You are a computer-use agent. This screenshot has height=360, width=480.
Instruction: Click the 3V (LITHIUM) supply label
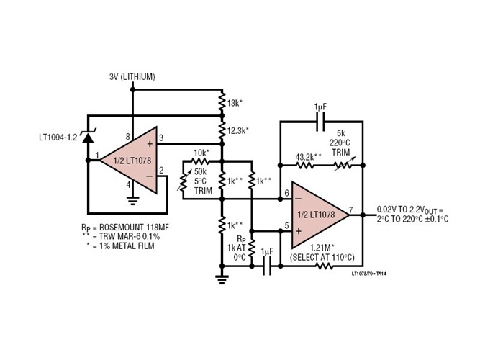[x=132, y=77]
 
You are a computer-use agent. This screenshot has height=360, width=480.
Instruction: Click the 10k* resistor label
[x=201, y=153]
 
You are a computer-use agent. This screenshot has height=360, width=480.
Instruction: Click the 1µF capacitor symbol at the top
[x=320, y=123]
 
